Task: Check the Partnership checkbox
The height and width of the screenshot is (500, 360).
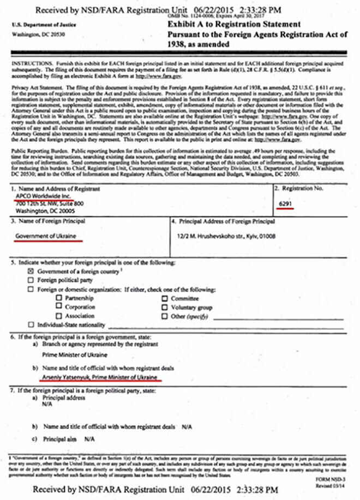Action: point(59,298)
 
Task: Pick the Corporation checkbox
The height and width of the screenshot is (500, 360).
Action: point(59,306)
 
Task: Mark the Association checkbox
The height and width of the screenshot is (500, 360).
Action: point(59,315)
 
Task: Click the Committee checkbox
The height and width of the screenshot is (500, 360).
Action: point(164,298)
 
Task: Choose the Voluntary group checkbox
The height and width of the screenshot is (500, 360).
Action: point(164,306)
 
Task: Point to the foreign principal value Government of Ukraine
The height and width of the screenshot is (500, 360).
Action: point(45,237)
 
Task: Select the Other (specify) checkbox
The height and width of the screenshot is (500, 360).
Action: point(164,315)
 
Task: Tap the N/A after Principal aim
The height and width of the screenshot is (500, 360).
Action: point(89,439)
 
